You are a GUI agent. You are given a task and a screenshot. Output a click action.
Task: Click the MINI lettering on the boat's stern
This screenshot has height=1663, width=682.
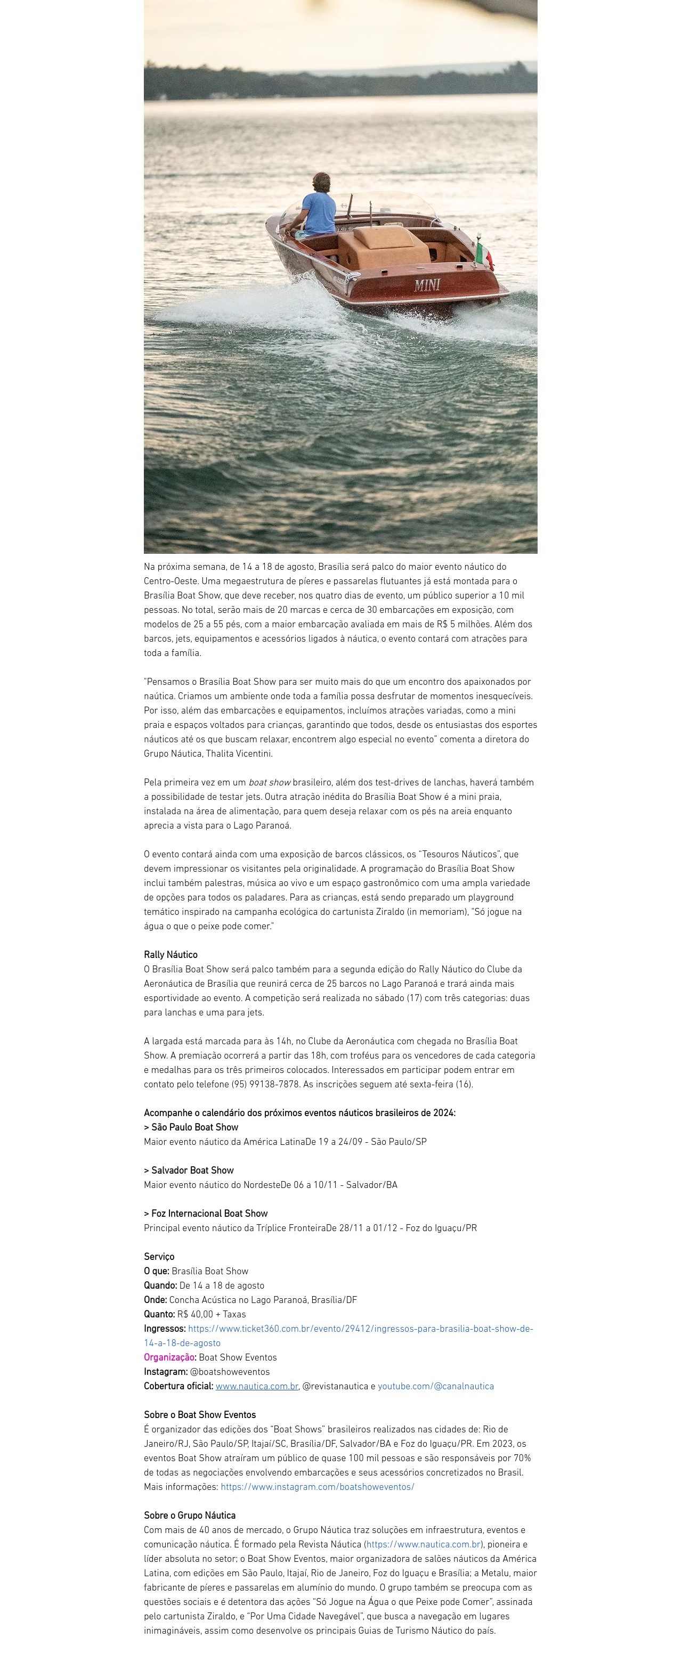click(x=427, y=285)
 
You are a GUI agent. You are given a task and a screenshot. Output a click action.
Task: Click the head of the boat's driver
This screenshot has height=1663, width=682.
click(x=321, y=183)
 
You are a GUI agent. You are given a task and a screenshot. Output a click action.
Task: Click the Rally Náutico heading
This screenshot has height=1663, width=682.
click(x=170, y=955)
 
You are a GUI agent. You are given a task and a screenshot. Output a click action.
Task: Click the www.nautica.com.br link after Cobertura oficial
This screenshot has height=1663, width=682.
click(x=256, y=1386)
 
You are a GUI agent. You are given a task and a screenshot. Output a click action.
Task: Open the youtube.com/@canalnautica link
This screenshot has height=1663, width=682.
click(x=435, y=1386)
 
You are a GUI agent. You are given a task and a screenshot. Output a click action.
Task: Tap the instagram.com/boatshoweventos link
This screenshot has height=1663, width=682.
click(x=317, y=1487)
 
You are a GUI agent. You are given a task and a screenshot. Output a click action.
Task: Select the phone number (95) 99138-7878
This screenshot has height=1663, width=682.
click(x=265, y=1085)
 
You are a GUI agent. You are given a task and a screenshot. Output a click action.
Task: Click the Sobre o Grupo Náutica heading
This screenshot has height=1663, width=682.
click(x=189, y=1516)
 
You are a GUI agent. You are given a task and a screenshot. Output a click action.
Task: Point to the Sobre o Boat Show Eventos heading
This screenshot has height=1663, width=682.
click(x=200, y=1415)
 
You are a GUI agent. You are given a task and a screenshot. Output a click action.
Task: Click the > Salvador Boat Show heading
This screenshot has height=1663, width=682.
click(x=189, y=1170)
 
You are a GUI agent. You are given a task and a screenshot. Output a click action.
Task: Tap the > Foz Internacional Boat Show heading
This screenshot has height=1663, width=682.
click(x=205, y=1214)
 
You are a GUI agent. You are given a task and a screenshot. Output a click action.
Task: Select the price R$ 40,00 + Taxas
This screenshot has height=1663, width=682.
click(x=212, y=1314)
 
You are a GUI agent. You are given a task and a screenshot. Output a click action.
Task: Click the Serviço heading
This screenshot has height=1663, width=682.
click(x=159, y=1257)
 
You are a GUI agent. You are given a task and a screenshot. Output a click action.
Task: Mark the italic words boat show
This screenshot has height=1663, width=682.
click(x=269, y=782)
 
